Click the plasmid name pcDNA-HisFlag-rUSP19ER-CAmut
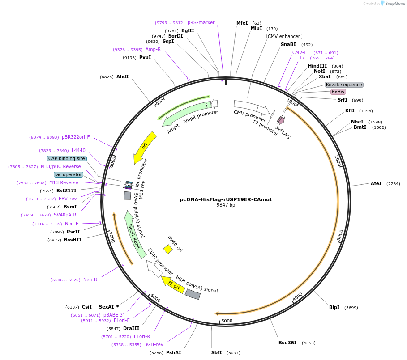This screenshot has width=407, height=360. (x=226, y=199)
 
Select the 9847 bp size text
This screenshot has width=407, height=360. (x=226, y=205)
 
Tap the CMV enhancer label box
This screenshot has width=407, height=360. (x=284, y=36)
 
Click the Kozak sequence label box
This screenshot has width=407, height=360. (x=344, y=85)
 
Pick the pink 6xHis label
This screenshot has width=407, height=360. (x=338, y=92)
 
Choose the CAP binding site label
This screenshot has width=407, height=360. (x=67, y=158)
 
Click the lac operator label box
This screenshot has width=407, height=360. (x=69, y=174)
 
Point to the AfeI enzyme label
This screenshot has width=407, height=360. (x=376, y=183)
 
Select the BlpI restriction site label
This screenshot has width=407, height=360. (x=334, y=307)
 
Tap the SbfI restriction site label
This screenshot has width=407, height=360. (x=216, y=352)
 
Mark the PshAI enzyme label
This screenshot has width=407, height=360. (x=173, y=352)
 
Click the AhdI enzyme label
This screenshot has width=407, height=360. (x=122, y=77)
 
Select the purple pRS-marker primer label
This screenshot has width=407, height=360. (x=201, y=22)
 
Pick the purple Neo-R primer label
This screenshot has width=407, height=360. (x=90, y=280)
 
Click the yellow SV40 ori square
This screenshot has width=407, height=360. (x=168, y=249)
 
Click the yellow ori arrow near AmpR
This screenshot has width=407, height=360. (x=145, y=147)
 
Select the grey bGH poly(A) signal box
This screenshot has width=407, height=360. (x=193, y=294)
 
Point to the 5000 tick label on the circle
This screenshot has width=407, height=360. (x=227, y=321)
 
